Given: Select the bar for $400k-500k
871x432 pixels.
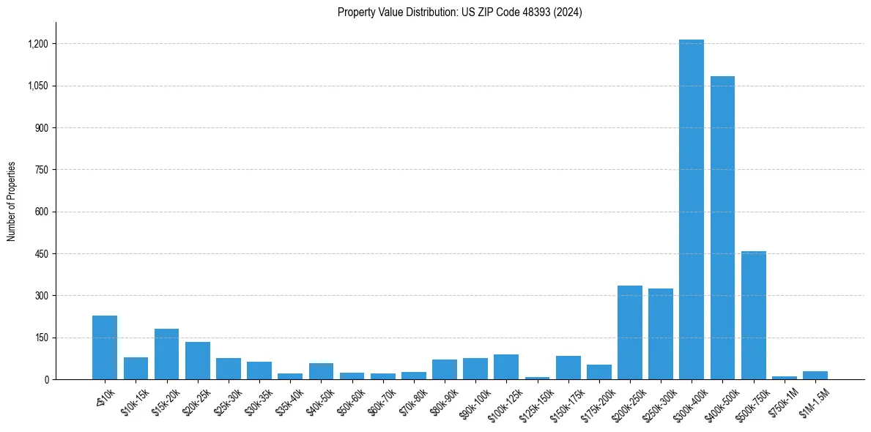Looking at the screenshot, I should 722,228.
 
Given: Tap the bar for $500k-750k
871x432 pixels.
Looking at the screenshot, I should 753,315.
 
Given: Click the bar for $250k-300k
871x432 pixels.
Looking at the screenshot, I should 660,334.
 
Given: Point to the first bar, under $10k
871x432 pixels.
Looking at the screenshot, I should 105,347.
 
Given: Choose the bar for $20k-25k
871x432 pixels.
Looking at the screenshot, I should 197,360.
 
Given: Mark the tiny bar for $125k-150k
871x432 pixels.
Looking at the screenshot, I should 537,378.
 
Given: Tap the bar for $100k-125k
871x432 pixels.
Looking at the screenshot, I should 505,367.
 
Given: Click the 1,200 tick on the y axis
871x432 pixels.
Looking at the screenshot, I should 38,44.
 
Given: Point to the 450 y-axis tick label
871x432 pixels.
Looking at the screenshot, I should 41,254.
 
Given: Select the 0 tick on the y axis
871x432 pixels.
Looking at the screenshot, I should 45,380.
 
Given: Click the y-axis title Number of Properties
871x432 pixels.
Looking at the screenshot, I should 12,201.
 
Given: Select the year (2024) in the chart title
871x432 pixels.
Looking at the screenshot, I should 568,12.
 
